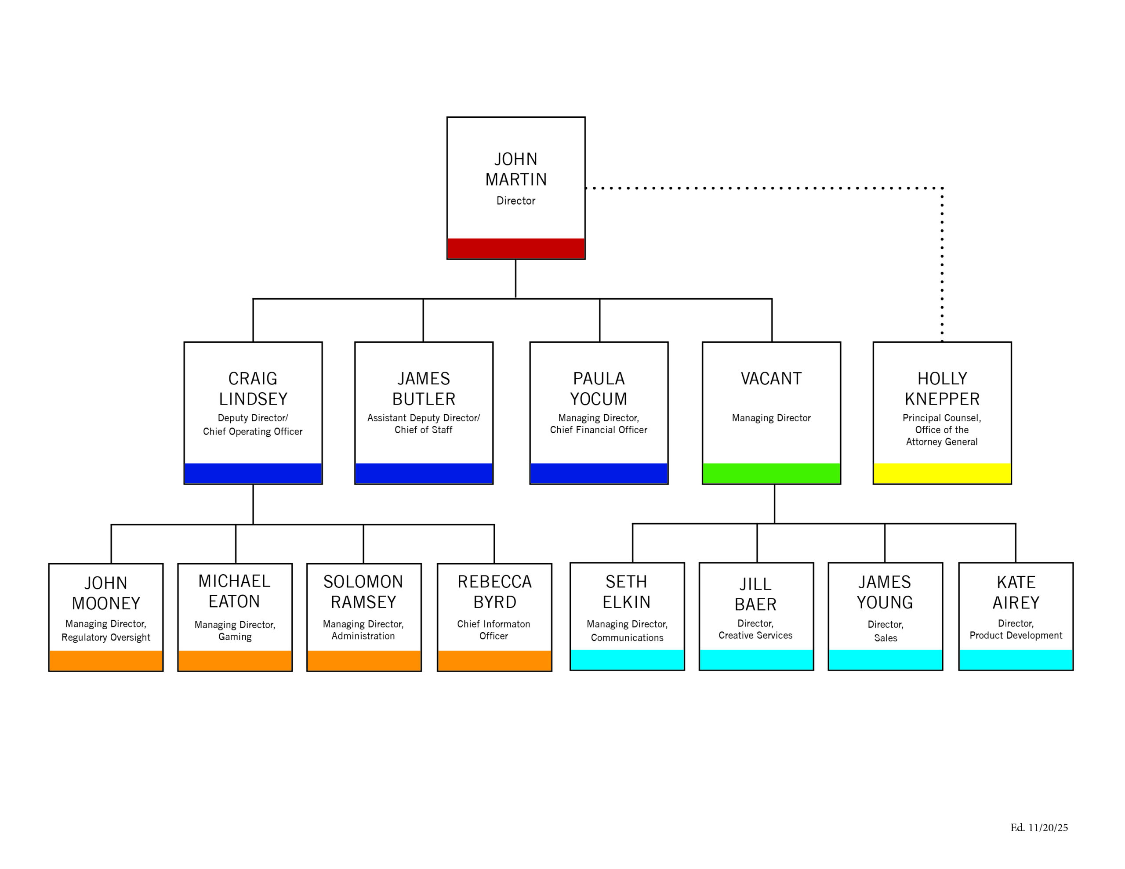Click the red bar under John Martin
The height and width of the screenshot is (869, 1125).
[x=515, y=248]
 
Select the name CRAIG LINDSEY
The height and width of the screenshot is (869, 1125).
[x=253, y=389]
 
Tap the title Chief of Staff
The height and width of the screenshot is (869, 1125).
[x=424, y=430]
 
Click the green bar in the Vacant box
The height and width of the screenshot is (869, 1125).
[x=771, y=474]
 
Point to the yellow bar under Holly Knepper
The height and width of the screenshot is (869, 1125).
[x=942, y=474]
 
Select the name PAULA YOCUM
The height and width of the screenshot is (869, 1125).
[x=599, y=389]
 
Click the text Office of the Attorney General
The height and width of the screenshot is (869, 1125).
[x=942, y=436]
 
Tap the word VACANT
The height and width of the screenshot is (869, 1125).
[x=771, y=379]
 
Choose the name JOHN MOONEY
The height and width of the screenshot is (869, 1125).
[x=106, y=593]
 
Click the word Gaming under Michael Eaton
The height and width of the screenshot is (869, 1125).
[x=235, y=637]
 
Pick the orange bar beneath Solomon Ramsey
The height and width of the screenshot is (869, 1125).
[x=364, y=661]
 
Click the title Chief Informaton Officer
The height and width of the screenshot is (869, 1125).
[x=494, y=630]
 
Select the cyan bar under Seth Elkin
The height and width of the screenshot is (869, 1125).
[x=627, y=660]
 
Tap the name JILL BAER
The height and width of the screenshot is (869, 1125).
[x=756, y=594]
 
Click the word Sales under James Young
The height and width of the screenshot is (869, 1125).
[x=885, y=638]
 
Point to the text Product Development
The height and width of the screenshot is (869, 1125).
[x=1016, y=636]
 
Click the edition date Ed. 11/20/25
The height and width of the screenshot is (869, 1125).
[x=1039, y=828]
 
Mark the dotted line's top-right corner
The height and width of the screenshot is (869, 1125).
[x=942, y=188]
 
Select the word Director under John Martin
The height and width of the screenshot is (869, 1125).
[x=515, y=201]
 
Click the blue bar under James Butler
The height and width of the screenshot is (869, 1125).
[x=424, y=474]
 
